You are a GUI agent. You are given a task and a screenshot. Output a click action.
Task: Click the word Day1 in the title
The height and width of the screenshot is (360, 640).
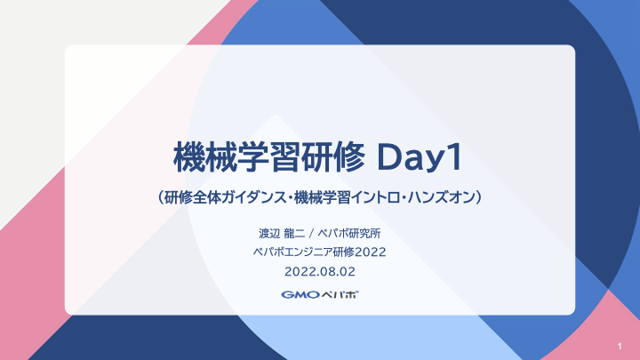coord(420,157)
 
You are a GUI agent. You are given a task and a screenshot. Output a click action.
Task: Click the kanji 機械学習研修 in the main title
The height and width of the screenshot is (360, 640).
coord(269,157)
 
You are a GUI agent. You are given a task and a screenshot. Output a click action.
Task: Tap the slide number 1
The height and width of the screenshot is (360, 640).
coord(620,347)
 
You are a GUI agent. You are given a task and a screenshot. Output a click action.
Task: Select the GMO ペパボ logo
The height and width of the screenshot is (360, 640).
coord(320,295)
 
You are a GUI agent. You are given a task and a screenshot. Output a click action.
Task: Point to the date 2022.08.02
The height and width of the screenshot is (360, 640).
coord(320,272)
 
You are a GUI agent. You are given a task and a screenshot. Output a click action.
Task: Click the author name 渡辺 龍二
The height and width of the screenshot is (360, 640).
coord(282,234)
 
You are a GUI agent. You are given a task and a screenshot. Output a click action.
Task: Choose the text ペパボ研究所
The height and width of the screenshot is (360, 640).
coord(349,234)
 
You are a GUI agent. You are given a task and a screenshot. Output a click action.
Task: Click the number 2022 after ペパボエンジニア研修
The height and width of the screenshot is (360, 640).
coord(370,252)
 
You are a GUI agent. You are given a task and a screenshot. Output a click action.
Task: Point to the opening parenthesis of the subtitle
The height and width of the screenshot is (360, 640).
coord(160,197)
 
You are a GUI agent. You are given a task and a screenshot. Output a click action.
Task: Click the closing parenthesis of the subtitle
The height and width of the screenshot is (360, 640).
coord(480,197)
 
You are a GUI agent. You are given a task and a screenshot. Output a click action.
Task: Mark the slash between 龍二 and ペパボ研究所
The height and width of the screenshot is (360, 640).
coord(311,234)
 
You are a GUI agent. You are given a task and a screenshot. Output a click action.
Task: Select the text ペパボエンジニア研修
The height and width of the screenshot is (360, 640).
coord(304,252)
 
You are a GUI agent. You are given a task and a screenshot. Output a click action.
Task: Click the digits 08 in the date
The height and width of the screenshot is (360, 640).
coord(326,272)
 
